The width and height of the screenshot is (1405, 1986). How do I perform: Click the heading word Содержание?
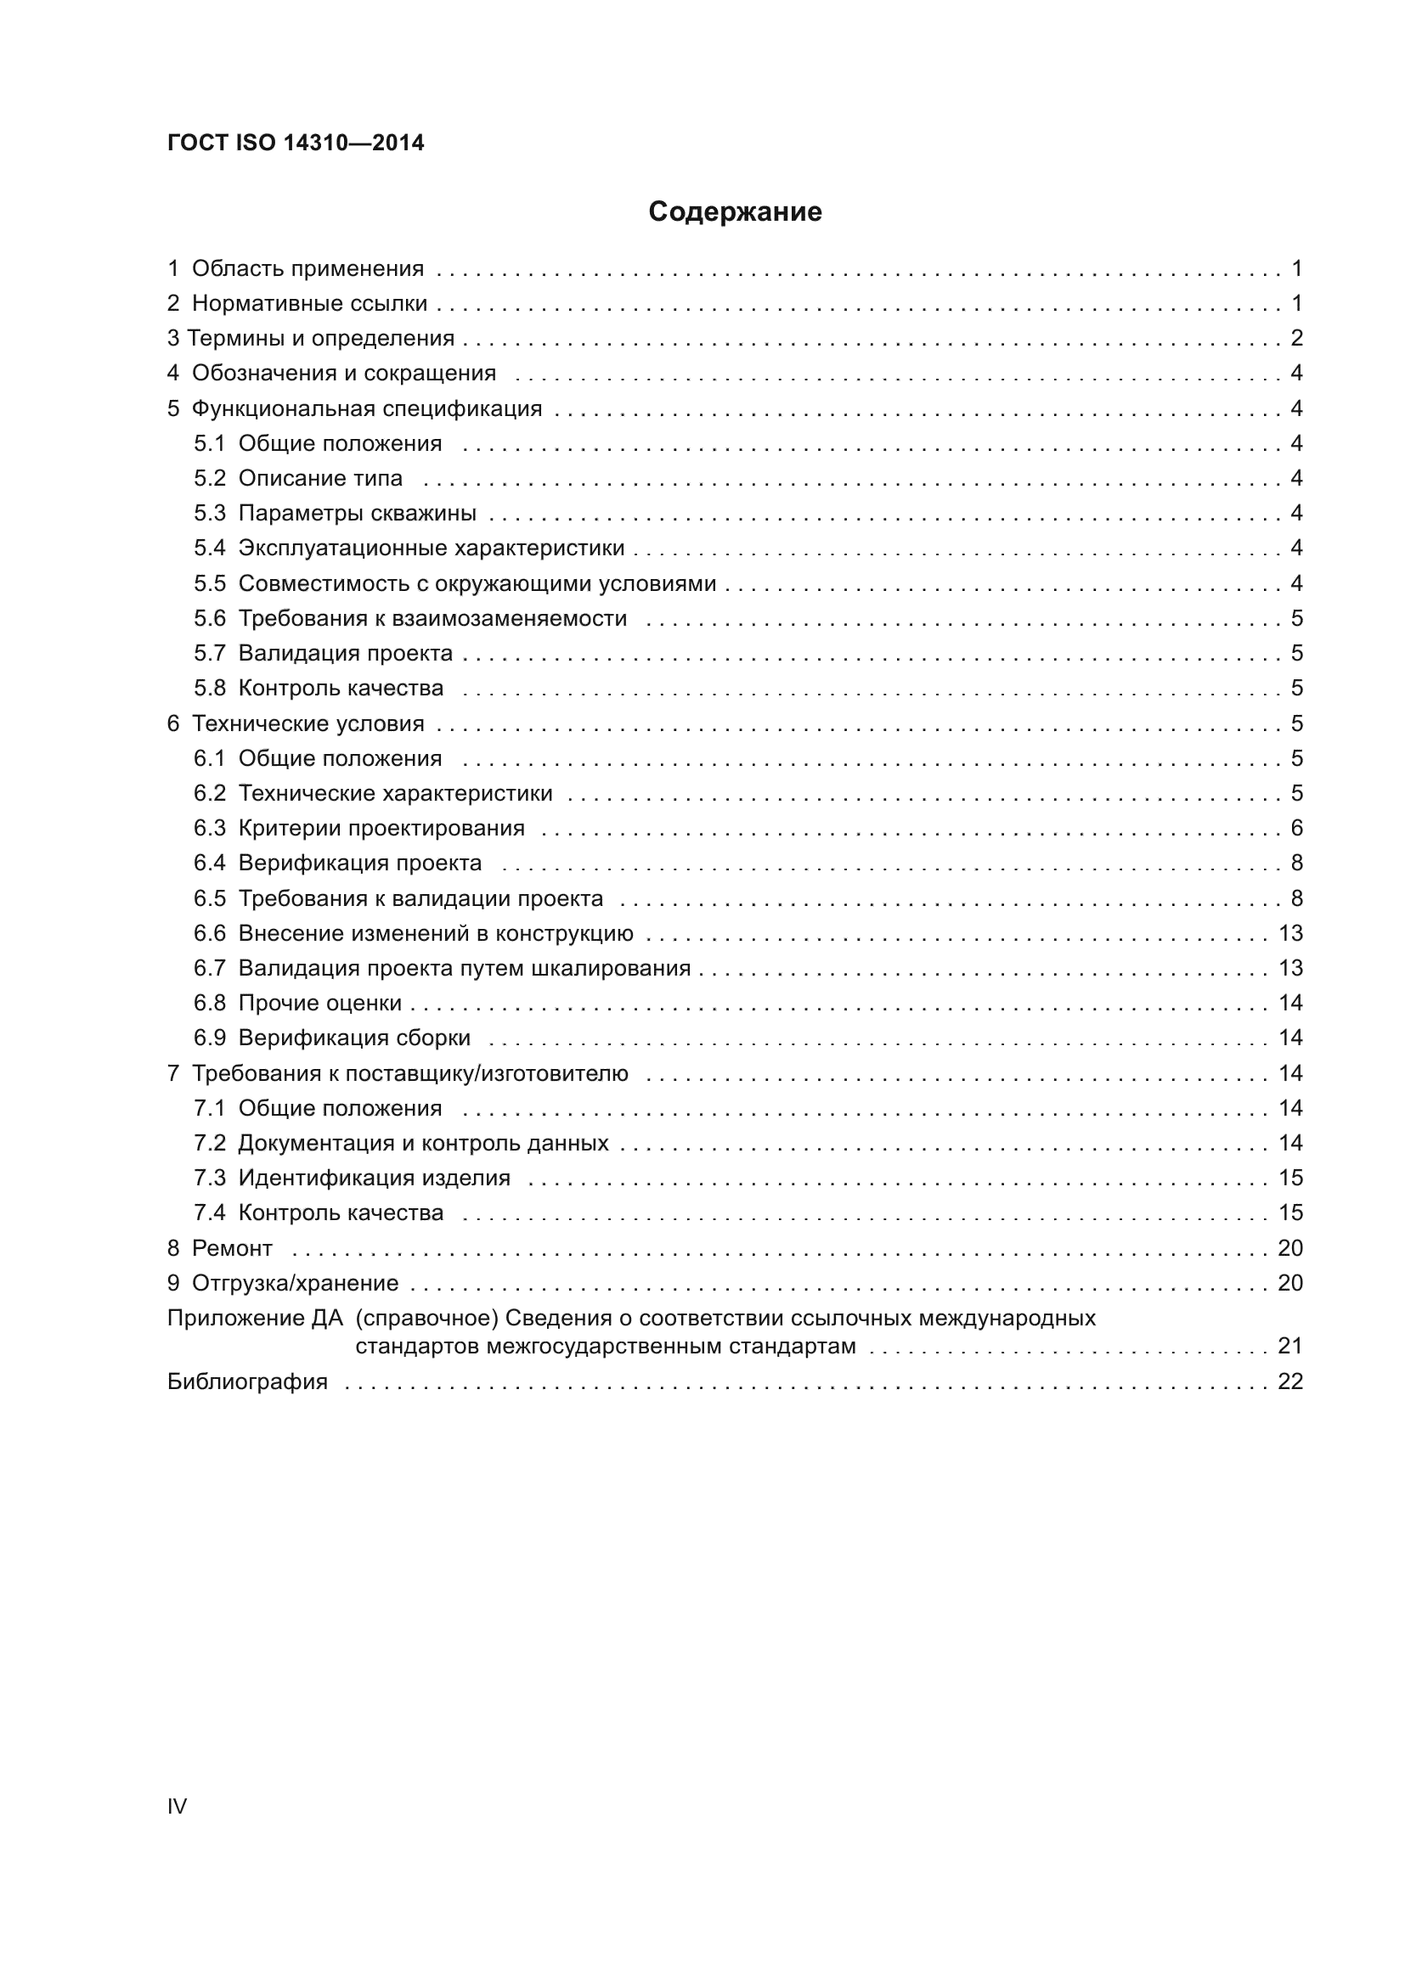point(735,212)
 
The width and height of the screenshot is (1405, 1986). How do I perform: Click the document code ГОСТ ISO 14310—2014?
point(296,143)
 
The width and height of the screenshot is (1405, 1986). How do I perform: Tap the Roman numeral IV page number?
point(177,1806)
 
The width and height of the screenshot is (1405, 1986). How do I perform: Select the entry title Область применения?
point(308,269)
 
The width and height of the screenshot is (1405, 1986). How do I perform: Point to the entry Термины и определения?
point(321,338)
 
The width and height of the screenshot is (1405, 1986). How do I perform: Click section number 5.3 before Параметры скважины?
point(209,513)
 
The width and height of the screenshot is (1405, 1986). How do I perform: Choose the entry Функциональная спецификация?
point(367,408)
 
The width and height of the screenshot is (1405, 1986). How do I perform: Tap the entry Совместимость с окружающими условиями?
point(477,584)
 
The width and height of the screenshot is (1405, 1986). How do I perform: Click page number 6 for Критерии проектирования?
point(1296,828)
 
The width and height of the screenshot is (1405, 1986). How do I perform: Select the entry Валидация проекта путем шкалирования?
point(465,968)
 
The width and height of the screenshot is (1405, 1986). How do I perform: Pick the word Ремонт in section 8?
point(232,1248)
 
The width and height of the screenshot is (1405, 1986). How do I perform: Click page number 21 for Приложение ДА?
point(1290,1346)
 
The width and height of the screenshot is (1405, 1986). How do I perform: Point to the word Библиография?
point(247,1381)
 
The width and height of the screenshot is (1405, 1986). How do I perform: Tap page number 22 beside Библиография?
point(1290,1381)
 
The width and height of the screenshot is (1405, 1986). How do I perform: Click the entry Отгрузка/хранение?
point(295,1283)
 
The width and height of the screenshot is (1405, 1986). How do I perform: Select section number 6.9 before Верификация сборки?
point(209,1038)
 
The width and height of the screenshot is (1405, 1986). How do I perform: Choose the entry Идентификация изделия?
point(375,1179)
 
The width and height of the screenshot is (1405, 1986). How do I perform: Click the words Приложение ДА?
point(254,1319)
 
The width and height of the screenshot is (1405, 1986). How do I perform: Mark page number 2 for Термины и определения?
point(1296,338)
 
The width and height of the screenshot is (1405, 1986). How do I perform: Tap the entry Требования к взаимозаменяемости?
point(432,618)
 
